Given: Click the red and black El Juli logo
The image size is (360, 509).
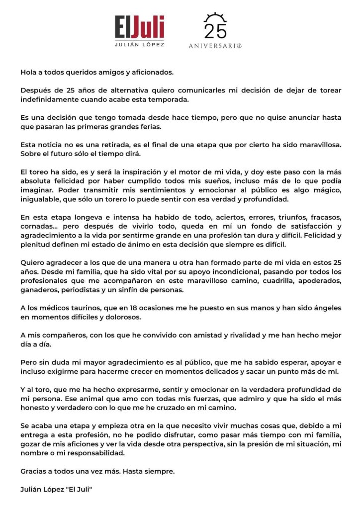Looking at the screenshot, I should [139, 27].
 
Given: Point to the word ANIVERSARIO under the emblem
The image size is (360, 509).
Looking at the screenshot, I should [215, 46].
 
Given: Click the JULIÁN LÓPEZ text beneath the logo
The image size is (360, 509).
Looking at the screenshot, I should [140, 45].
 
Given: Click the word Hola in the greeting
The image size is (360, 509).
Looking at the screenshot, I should [29, 72].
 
